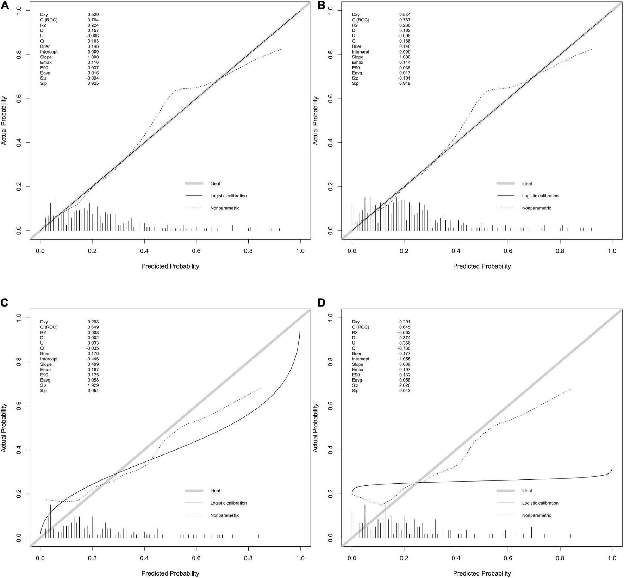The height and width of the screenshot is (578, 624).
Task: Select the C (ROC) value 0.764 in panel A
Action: [x=93, y=20]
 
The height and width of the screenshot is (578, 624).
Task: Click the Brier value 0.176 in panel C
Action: [x=93, y=354]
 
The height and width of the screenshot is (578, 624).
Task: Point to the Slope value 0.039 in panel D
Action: [x=405, y=364]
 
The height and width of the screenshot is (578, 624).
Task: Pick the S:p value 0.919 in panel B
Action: [x=405, y=84]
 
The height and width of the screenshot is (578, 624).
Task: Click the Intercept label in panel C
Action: [x=49, y=359]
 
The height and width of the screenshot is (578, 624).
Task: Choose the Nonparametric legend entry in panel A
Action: [x=225, y=208]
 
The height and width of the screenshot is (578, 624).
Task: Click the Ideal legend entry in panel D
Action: [x=527, y=491]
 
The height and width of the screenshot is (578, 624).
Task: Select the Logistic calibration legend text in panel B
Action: [x=540, y=196]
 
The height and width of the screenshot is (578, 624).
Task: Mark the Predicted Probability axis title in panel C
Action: [x=170, y=573]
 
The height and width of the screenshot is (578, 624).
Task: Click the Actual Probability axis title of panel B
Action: [x=316, y=120]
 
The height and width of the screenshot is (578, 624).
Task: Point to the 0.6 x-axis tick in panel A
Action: [x=196, y=251]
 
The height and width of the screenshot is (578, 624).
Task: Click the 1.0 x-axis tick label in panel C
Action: [x=300, y=558]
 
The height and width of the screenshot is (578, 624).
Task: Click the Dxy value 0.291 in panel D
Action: [x=405, y=322]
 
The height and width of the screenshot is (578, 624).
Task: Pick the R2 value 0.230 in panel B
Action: [x=405, y=25]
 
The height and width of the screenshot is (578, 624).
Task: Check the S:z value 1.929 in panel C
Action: [x=93, y=385]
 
